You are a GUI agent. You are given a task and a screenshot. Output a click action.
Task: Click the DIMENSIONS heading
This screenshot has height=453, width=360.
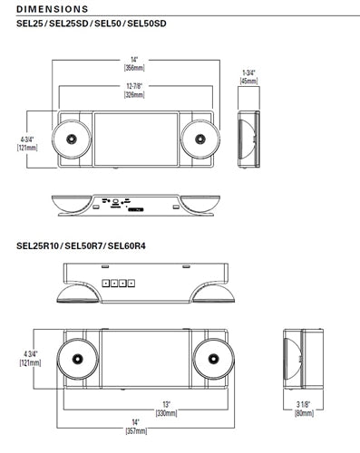pyautogui.click(x=53, y=9)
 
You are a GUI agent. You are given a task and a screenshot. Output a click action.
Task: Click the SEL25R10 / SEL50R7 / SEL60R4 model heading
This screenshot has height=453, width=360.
pyautogui.click(x=81, y=246)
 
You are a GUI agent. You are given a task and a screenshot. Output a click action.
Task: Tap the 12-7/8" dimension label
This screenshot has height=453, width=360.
pyautogui.click(x=134, y=86)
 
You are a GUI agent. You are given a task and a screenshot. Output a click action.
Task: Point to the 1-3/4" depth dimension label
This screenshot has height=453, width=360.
pyautogui.click(x=248, y=72)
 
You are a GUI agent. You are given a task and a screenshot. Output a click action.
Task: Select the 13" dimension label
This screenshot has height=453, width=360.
pyautogui.click(x=166, y=404)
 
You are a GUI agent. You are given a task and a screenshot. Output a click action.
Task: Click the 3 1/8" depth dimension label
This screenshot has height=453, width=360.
pyautogui.click(x=303, y=404)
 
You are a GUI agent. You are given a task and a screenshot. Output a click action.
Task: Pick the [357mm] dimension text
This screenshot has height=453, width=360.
pyautogui.click(x=136, y=431)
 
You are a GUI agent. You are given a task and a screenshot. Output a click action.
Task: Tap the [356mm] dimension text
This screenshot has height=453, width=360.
pyautogui.click(x=134, y=68)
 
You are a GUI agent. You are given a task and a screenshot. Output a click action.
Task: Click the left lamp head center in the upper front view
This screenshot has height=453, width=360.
pyautogui.click(x=72, y=140)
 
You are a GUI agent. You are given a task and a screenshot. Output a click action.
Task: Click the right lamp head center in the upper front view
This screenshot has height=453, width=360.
pyautogui.click(x=200, y=140)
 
